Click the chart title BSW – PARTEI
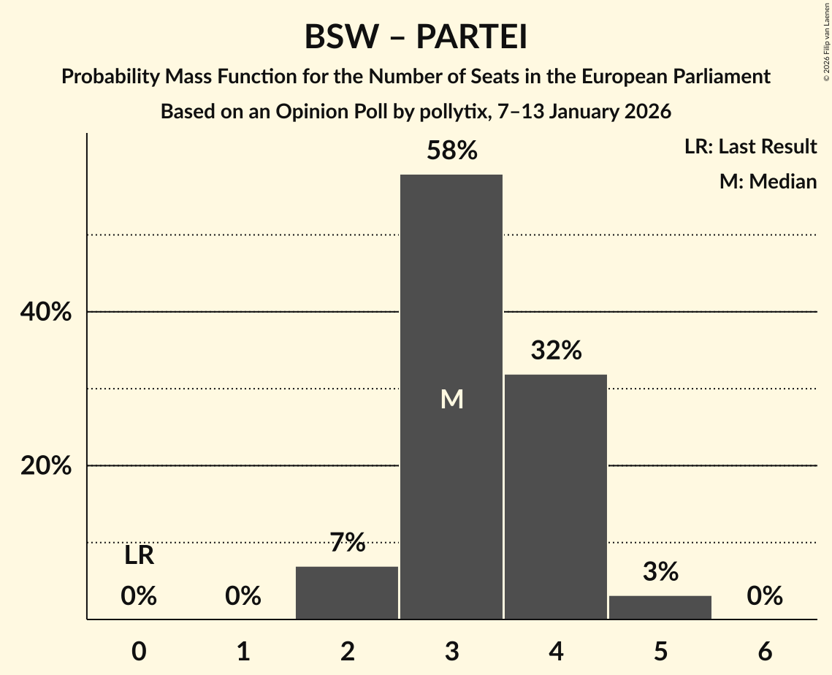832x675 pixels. click(x=416, y=37)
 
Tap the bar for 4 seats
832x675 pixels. click(x=556, y=497)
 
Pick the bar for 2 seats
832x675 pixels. click(x=347, y=592)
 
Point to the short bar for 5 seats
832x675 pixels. click(x=660, y=607)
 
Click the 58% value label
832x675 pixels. click(x=451, y=151)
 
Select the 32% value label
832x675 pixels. click(x=556, y=351)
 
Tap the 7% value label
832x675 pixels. click(x=347, y=543)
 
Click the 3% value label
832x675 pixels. click(x=660, y=572)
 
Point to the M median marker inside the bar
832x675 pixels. click(x=451, y=399)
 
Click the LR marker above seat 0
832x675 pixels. click(x=139, y=556)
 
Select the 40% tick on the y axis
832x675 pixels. click(x=46, y=312)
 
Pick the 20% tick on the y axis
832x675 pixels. click(x=46, y=466)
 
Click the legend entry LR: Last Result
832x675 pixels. click(x=750, y=147)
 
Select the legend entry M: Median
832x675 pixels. click(x=768, y=181)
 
